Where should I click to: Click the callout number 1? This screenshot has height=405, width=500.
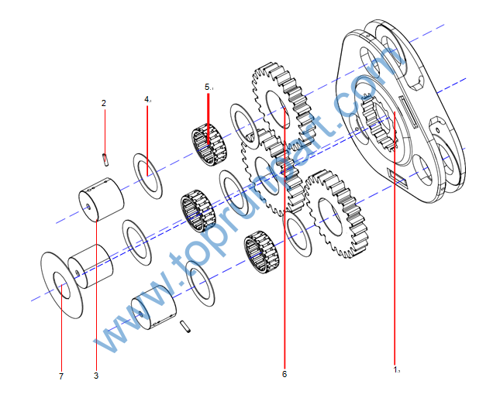click(x=395, y=369)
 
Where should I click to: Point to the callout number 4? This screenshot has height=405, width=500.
click(x=147, y=100)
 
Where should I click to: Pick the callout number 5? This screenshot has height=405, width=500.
click(x=208, y=88)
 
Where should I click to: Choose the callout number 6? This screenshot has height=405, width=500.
click(x=284, y=375)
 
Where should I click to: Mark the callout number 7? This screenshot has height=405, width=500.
click(x=60, y=376)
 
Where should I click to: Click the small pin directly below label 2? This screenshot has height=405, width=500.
click(x=104, y=159)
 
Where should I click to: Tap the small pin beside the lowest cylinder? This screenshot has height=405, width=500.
click(x=186, y=327)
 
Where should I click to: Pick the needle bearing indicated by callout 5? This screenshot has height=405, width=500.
click(x=207, y=146)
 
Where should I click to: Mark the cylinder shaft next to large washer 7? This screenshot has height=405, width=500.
click(x=91, y=264)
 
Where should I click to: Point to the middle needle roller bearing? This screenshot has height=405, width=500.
click(x=197, y=209)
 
